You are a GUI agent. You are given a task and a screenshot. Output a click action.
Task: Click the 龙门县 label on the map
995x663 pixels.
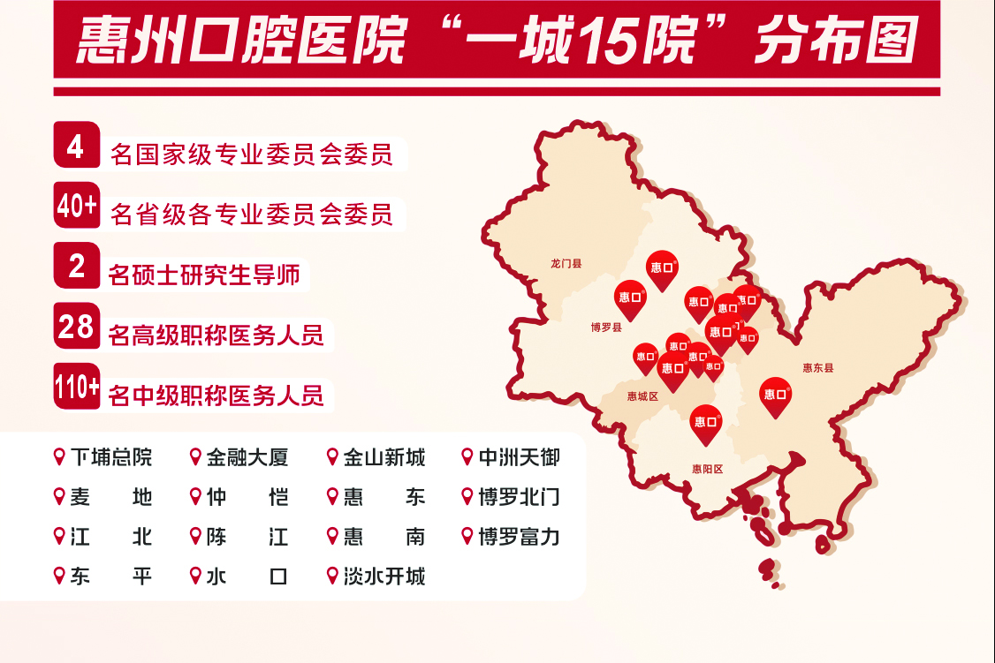click(566, 263)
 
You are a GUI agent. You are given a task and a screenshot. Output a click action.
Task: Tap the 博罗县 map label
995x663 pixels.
click(606, 328)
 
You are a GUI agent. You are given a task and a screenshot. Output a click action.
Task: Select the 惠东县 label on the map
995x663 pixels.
click(817, 368)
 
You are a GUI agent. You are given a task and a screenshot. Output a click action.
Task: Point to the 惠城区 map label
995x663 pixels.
click(642, 396)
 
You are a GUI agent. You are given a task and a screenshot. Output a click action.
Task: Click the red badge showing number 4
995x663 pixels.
click(76, 146)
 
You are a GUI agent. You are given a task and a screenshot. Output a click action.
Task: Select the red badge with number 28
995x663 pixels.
click(77, 327)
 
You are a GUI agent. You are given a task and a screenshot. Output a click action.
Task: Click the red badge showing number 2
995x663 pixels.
click(77, 266)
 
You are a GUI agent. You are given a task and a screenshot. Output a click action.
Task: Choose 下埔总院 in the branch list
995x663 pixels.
click(111, 457)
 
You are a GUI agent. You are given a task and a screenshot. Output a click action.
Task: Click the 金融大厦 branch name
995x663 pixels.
click(247, 457)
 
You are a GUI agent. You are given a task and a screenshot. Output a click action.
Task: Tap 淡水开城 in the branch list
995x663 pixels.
click(384, 576)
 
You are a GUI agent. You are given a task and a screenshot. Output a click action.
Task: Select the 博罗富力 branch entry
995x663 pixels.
click(519, 537)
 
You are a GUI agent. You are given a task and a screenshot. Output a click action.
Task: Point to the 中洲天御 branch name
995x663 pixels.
click(519, 457)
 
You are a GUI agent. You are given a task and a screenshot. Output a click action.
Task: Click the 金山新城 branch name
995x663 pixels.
click(384, 457)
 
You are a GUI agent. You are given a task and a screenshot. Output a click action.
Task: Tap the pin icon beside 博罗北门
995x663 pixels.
click(467, 497)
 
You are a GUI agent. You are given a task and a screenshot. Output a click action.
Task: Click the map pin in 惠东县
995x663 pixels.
click(776, 395)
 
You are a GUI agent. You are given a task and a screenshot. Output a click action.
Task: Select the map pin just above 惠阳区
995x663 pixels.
click(705, 422)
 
